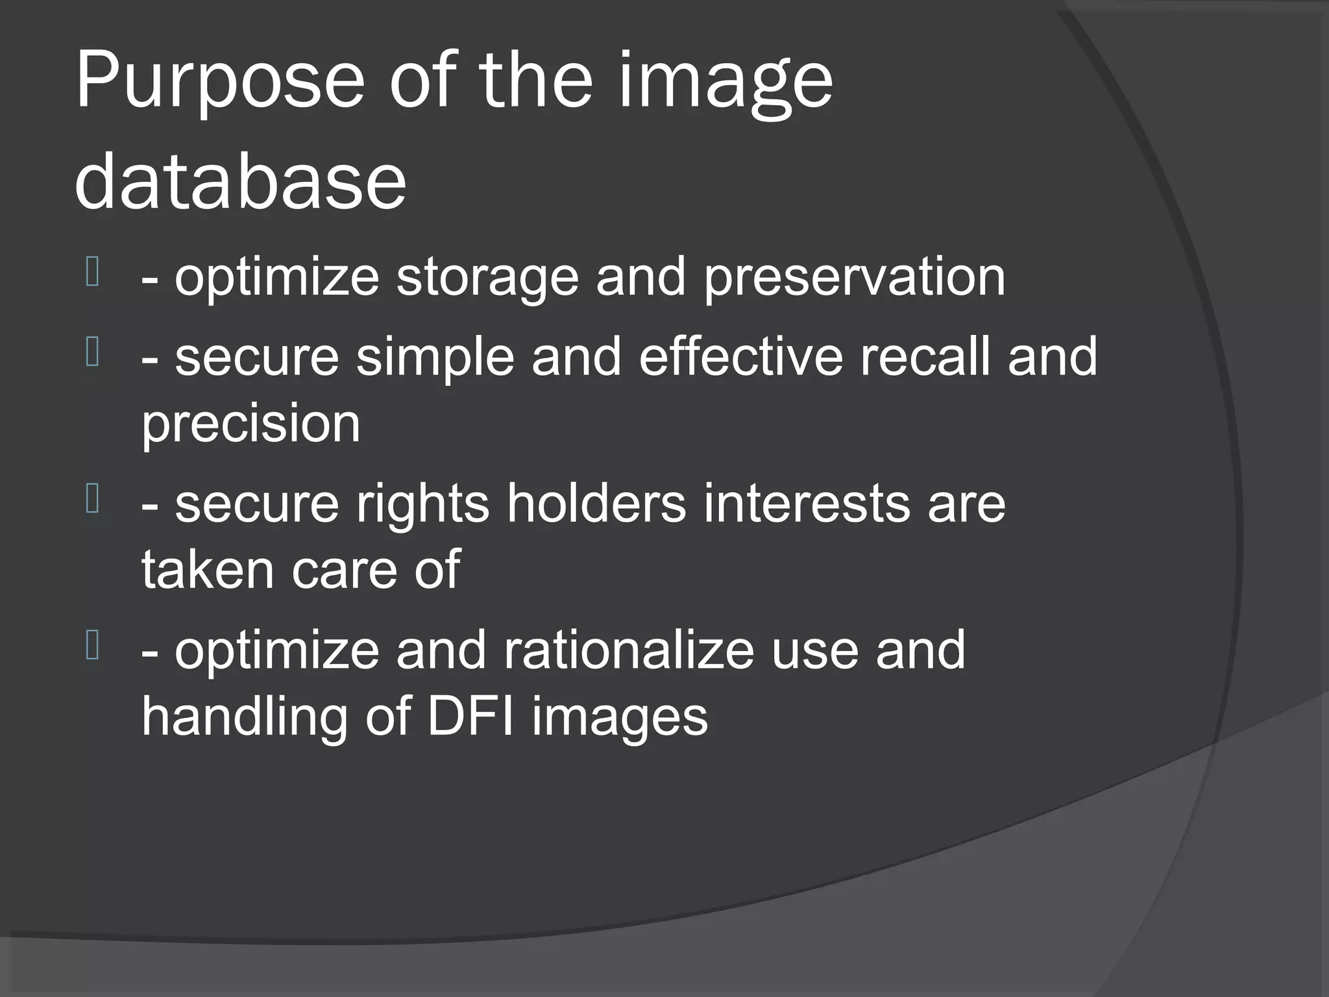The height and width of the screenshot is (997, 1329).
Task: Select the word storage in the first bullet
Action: click(487, 277)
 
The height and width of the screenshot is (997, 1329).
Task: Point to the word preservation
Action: click(855, 277)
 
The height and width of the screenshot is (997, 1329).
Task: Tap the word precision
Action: click(250, 424)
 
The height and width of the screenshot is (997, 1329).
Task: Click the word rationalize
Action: click(629, 650)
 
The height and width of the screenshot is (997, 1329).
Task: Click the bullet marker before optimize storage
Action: click(92, 272)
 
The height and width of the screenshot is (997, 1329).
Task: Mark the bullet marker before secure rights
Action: click(92, 499)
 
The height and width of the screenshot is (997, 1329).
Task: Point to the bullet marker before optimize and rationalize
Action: click(92, 646)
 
